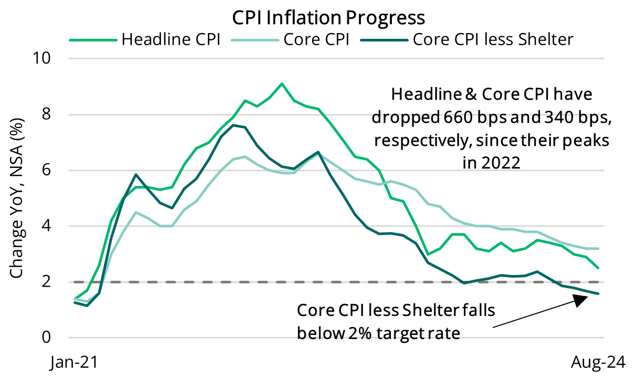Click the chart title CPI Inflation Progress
point(329,18)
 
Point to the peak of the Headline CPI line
point(282,83)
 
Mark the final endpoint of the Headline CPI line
point(598,268)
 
